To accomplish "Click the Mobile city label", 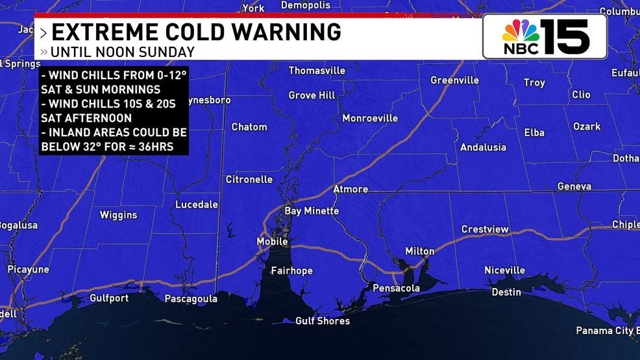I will pyautogui.click(x=272, y=242).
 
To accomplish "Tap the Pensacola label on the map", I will pyautogui.click(x=396, y=288).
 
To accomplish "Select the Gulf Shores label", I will pyautogui.click(x=323, y=320).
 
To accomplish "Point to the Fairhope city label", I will pyautogui.click(x=291, y=270).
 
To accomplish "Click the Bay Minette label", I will pyautogui.click(x=312, y=211).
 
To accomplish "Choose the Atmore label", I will pyautogui.click(x=351, y=189).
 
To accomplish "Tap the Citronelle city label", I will pyautogui.click(x=249, y=179).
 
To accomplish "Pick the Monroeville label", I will pyautogui.click(x=370, y=118).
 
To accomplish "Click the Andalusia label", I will pyautogui.click(x=483, y=147).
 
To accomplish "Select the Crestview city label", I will pyautogui.click(x=485, y=229).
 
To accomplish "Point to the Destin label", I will pyautogui.click(x=506, y=292).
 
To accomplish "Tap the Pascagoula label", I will pyautogui.click(x=191, y=299).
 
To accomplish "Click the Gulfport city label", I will pyautogui.click(x=109, y=298).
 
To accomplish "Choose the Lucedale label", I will pyautogui.click(x=197, y=204).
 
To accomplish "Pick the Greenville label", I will pyautogui.click(x=454, y=80).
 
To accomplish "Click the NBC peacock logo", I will pyautogui.click(x=521, y=34).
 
